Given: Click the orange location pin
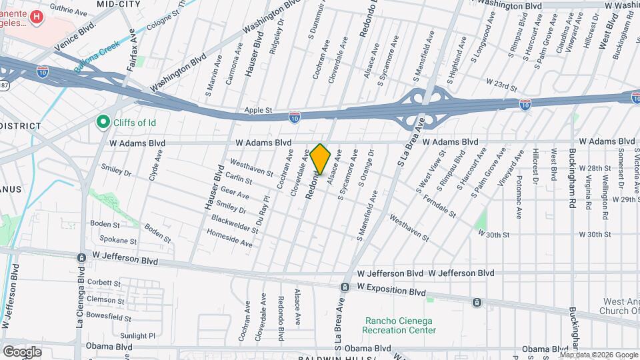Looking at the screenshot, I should pyautogui.click(x=321, y=159).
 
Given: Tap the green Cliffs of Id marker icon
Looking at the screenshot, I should pyautogui.click(x=103, y=122).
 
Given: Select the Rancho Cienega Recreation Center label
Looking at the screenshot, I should pyautogui.click(x=399, y=325).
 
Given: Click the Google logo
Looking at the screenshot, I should pyautogui.click(x=22, y=351).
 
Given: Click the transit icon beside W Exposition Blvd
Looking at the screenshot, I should pyautogui.click(x=345, y=287).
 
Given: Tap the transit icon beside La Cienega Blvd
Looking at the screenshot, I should pyautogui.click(x=81, y=257).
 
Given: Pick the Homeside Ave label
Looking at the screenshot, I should pyautogui.click(x=229, y=239).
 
